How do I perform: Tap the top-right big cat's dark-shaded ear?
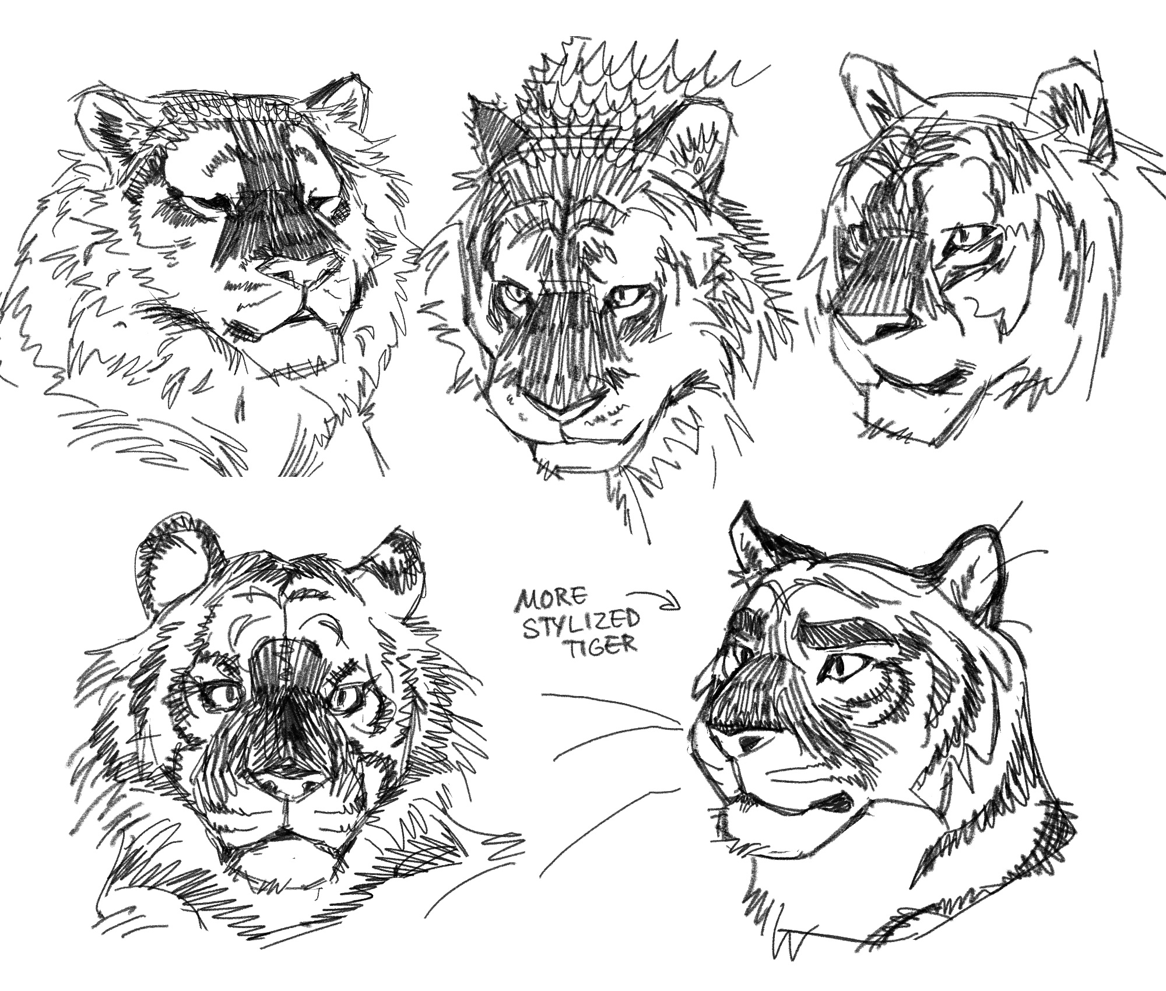[1096, 131]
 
